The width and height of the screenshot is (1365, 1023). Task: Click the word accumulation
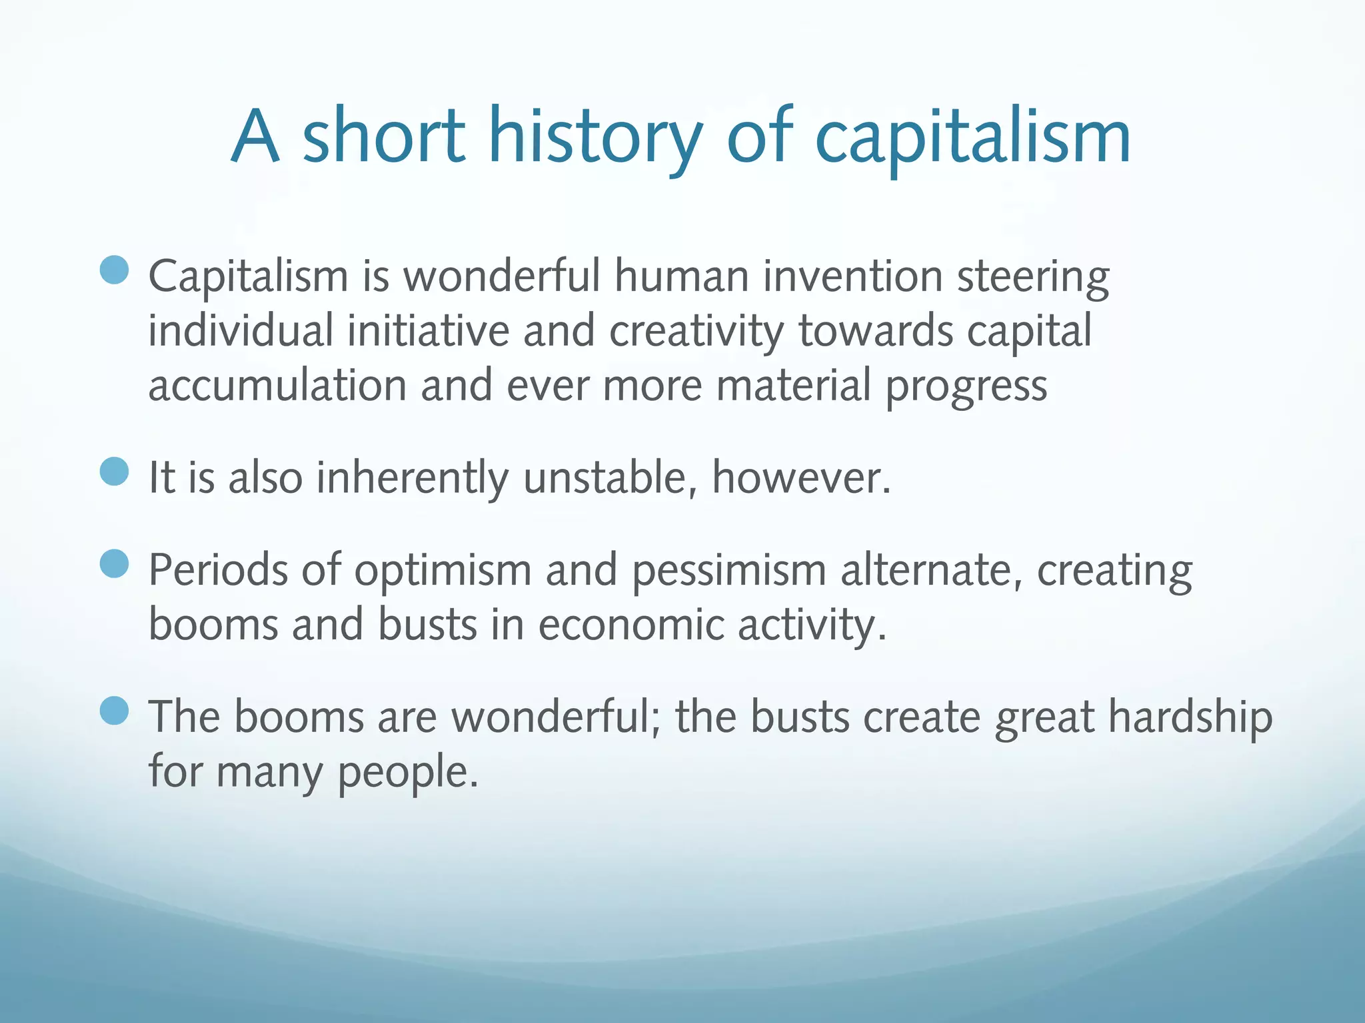pyautogui.click(x=277, y=386)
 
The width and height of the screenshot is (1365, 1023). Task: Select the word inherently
pyautogui.click(x=412, y=479)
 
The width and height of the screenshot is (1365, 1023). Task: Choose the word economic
pyautogui.click(x=631, y=625)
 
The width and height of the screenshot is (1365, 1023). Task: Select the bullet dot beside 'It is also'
pyautogui.click(x=114, y=472)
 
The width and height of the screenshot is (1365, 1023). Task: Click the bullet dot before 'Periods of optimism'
pyautogui.click(x=114, y=564)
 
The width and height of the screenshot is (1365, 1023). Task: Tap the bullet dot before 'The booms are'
pyautogui.click(x=114, y=711)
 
